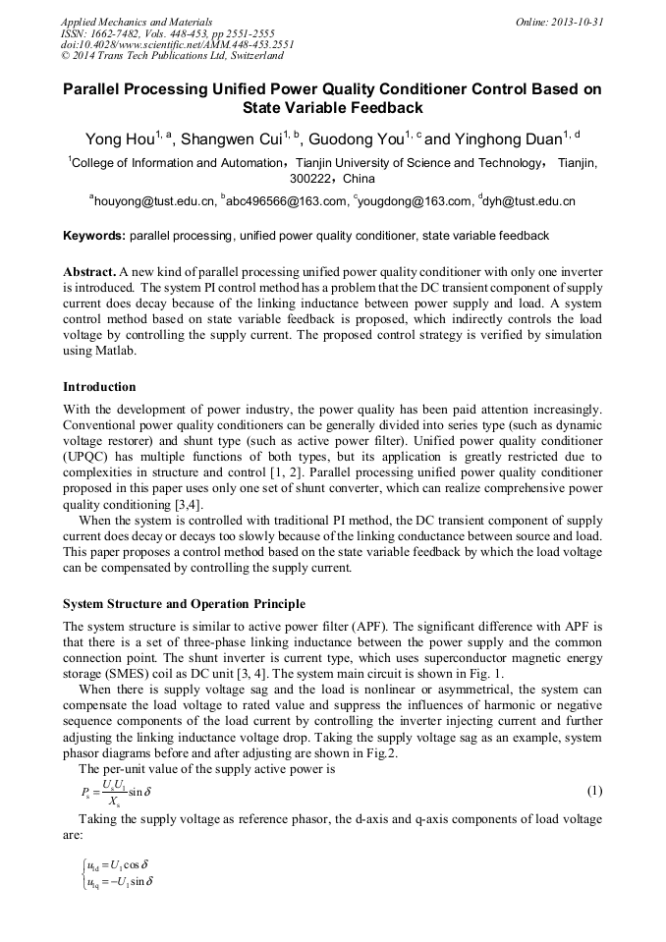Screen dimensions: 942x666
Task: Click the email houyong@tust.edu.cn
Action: click(155, 201)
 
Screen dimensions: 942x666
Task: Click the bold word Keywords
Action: click(93, 236)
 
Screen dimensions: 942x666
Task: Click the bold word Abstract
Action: click(88, 271)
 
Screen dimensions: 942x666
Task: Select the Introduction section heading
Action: click(99, 387)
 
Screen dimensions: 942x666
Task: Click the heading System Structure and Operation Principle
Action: click(184, 603)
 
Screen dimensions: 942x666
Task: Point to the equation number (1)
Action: click(593, 791)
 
